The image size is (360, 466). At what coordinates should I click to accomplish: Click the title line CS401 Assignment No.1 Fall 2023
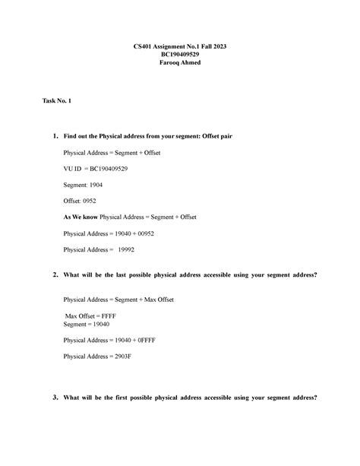click(180, 46)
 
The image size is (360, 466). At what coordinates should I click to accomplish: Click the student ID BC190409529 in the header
click(180, 55)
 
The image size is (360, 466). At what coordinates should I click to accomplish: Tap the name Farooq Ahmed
click(180, 63)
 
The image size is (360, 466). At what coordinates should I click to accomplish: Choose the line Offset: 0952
click(79, 201)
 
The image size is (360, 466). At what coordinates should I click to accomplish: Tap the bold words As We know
click(81, 217)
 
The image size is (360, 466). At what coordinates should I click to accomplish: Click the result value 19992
click(127, 249)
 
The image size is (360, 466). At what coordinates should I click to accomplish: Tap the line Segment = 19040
click(85, 324)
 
